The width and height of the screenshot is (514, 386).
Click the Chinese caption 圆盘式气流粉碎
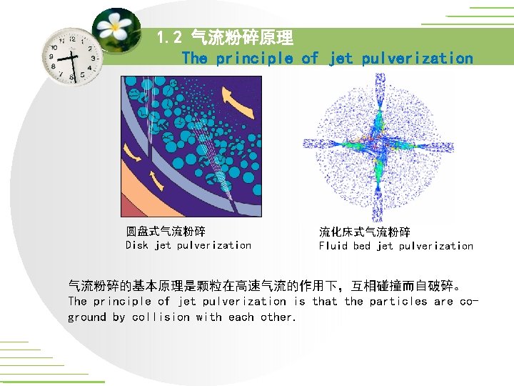[166, 231]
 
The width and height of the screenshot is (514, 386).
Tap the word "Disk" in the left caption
[137, 245]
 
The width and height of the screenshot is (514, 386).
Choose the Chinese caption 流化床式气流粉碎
[364, 232]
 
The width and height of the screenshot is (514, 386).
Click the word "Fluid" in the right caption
[333, 246]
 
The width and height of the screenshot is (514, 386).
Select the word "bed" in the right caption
[362, 246]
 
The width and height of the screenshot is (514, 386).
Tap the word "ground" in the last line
[86, 317]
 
